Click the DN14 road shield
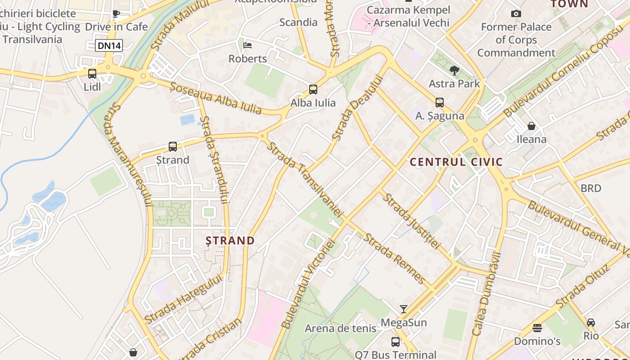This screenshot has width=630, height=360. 109,45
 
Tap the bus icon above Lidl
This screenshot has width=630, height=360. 92,73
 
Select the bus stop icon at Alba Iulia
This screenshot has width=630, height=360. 313,89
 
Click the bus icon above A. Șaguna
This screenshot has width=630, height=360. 440,102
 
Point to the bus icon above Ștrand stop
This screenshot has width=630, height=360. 173,146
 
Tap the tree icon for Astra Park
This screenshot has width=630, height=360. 454,70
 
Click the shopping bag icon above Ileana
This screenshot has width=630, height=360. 531,126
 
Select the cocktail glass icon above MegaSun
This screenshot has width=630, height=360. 404,309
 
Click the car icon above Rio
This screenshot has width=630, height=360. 591,322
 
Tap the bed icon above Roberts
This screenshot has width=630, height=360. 247,45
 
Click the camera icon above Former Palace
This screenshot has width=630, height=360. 516,13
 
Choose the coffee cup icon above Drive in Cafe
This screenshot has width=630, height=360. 116,13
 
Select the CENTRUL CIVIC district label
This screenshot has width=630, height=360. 456,162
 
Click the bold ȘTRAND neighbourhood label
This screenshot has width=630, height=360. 230,240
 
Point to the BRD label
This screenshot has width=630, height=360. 591,188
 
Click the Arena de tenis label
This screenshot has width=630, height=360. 340,328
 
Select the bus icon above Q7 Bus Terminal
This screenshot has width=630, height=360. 396,342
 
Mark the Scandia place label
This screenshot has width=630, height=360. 298,22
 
